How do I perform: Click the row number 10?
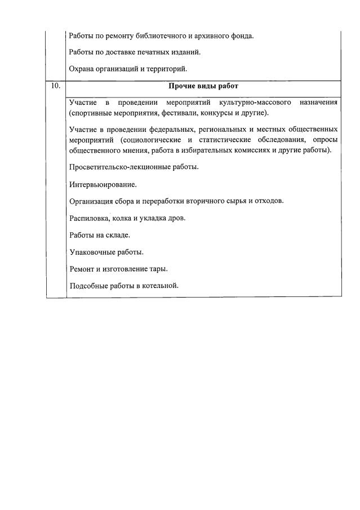point(55,86)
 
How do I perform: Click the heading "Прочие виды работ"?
point(203,86)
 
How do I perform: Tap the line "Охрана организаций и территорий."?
point(128,69)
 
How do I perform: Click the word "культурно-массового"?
point(251,103)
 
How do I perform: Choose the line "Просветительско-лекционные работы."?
point(134,167)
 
